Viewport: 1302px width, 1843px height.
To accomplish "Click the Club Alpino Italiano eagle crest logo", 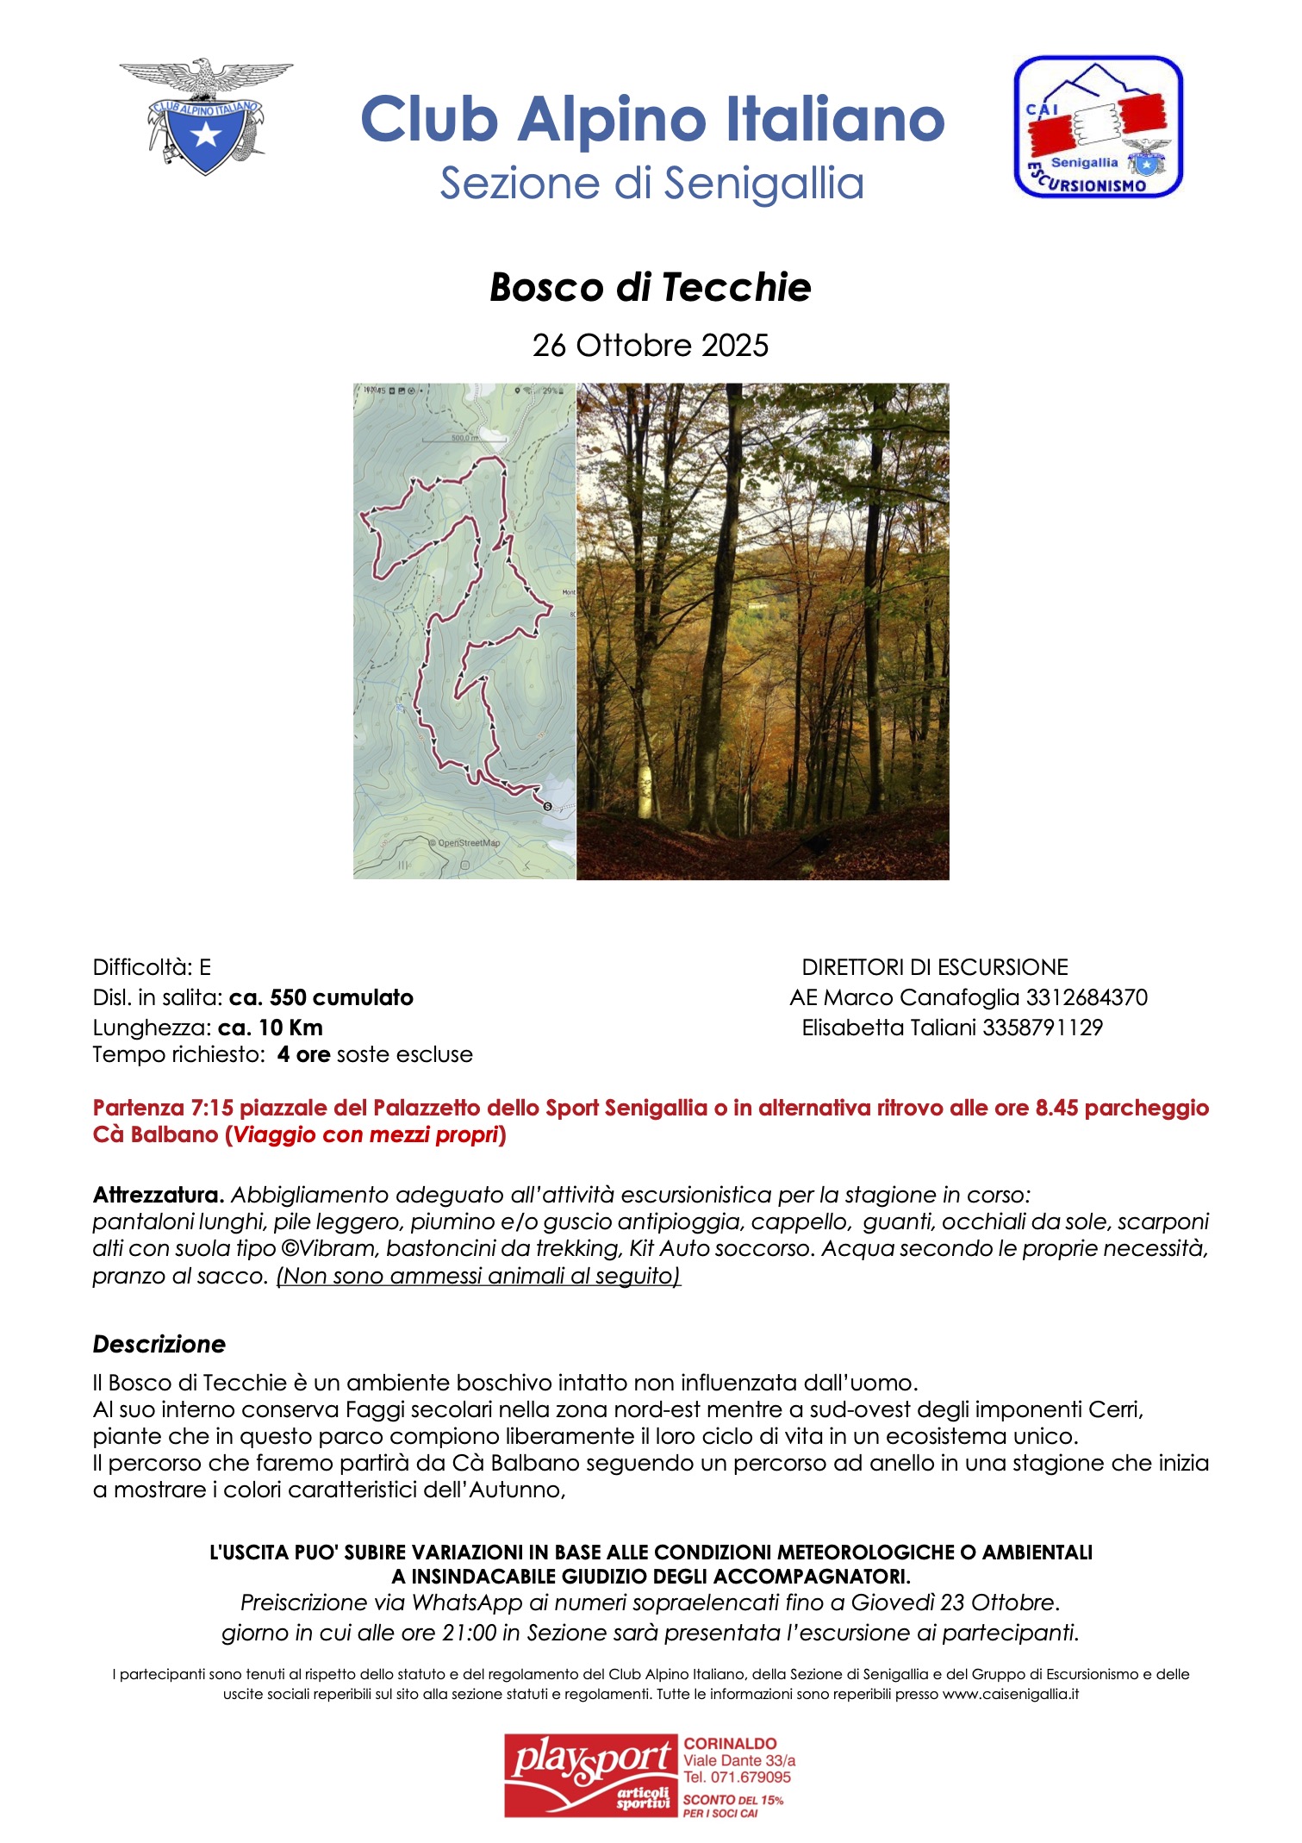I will [205, 117].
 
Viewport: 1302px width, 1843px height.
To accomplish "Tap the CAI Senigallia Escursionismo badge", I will [1098, 128].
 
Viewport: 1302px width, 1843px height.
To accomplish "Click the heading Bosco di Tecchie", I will [651, 288].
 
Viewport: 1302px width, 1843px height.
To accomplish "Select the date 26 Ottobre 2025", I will [651, 346].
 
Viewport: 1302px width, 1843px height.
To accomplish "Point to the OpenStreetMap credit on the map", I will [466, 843].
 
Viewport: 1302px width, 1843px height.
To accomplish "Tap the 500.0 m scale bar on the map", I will [464, 439].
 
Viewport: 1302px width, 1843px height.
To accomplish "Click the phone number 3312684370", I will [1087, 998].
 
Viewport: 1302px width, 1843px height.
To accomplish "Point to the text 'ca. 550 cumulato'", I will [321, 998].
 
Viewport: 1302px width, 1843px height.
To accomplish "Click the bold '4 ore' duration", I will [303, 1054].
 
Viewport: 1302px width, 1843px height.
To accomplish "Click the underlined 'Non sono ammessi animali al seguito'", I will [478, 1276].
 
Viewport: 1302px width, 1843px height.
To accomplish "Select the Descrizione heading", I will [159, 1344].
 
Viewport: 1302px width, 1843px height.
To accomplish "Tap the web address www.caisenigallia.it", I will [1010, 1694].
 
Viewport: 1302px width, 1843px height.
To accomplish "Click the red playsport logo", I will [591, 1776].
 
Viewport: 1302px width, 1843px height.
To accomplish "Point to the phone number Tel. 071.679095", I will [737, 1777].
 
